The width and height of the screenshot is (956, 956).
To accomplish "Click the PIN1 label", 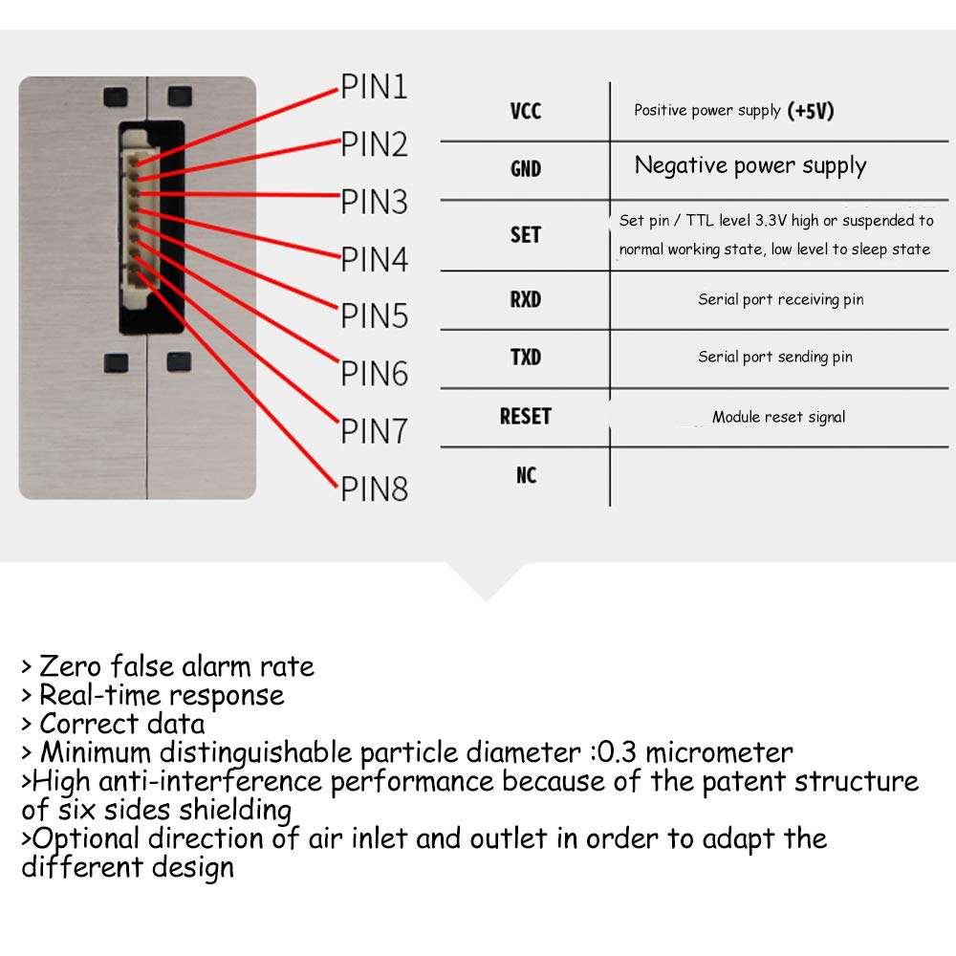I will pos(374,88).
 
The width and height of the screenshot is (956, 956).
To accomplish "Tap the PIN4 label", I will pos(374,259).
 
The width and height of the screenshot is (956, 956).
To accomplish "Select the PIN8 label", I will pos(374,489).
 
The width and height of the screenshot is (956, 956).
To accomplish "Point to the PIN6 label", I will pos(374,373).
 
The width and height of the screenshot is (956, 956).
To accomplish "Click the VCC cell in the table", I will pos(526,111).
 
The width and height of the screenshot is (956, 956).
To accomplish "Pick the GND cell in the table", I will pos(526,169).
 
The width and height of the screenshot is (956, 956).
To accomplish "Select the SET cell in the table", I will pos(526,234).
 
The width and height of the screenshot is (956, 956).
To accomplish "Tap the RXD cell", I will pos(526,299).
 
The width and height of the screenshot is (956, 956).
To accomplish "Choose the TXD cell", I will pos(526,357).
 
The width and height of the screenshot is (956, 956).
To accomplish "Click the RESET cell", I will pos(526,416).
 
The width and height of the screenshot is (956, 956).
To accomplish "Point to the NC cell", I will pos(526,474).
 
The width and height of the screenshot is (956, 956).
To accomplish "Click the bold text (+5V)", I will pos(811,111).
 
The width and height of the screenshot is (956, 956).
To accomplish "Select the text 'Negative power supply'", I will pos(750,166).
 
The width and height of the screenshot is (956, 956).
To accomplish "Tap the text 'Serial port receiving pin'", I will pos(780,299).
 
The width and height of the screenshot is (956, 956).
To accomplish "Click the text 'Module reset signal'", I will pos(778,417).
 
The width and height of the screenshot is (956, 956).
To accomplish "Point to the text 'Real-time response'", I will pos(161,695).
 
